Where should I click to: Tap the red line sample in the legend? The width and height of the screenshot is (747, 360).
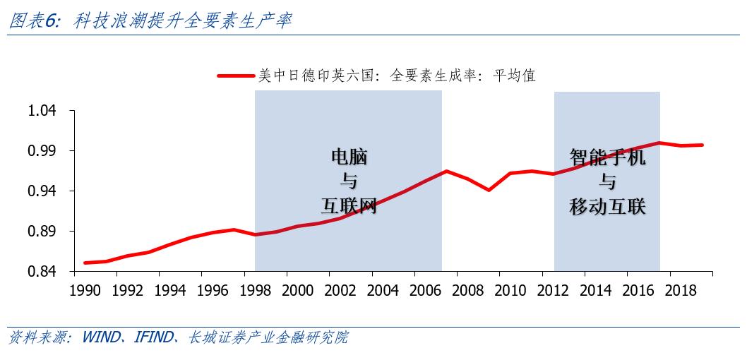tap(235, 76)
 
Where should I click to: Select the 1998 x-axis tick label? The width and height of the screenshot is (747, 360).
tap(254, 289)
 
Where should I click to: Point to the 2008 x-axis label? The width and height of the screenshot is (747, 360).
tap(467, 289)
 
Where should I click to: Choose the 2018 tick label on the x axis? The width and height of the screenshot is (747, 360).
tap(680, 289)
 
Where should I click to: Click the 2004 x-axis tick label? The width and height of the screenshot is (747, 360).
tap(382, 289)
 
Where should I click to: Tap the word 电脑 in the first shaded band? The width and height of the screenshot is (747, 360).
tap(349, 157)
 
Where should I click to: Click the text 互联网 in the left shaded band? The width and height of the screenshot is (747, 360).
tap(349, 206)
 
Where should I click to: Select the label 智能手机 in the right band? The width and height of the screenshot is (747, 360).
tap(608, 157)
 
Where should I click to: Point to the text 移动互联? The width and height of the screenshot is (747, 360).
tap(608, 206)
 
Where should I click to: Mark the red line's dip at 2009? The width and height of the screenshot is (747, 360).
tap(489, 190)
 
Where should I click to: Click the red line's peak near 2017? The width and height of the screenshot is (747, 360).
tap(659, 143)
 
